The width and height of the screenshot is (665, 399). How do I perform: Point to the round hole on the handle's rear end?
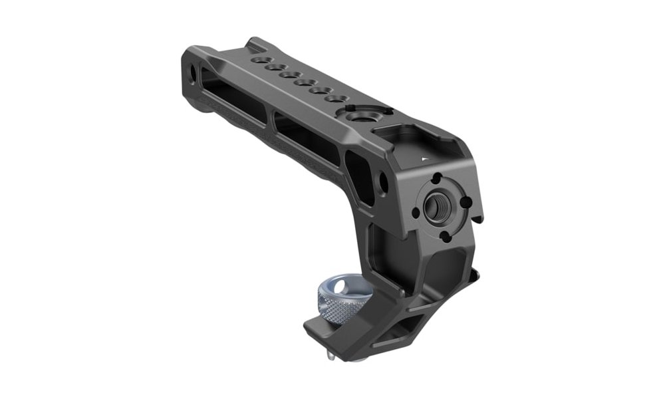[x=192, y=70]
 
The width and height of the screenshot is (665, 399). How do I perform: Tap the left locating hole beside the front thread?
[x=416, y=213]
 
